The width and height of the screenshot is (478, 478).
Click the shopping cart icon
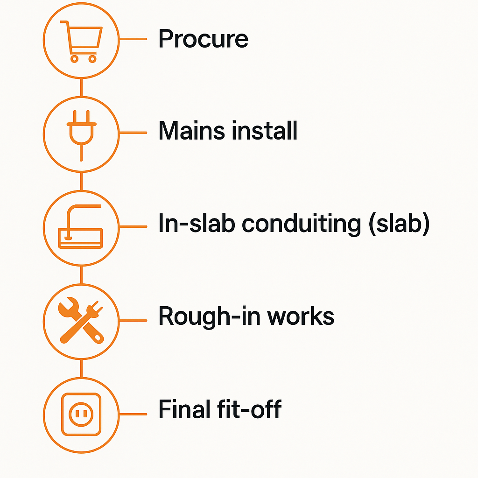pyautogui.click(x=81, y=42)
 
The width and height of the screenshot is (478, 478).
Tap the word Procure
pyautogui.click(x=204, y=39)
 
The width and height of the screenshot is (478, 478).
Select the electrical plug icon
pyautogui.click(x=81, y=135)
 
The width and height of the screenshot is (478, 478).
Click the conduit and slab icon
pyautogui.click(x=80, y=226)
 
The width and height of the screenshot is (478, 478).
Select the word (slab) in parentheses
pyautogui.click(x=400, y=224)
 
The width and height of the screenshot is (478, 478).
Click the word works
pyautogui.click(x=301, y=317)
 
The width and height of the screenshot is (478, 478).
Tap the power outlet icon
pyautogui.click(x=81, y=415)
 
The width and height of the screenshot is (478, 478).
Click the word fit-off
pyautogui.click(x=249, y=409)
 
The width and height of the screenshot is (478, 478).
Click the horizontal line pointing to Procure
pyautogui.click(x=133, y=39)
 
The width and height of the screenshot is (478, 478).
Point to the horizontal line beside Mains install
pyautogui.click(x=133, y=133)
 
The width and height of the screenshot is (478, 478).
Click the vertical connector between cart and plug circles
pyautogui.click(x=81, y=87)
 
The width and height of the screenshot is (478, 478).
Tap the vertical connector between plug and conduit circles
pyautogui.click(x=81, y=182)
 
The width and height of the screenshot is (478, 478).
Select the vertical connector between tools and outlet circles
pyautogui.click(x=81, y=369)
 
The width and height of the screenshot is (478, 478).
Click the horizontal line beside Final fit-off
pyautogui.click(x=133, y=414)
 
